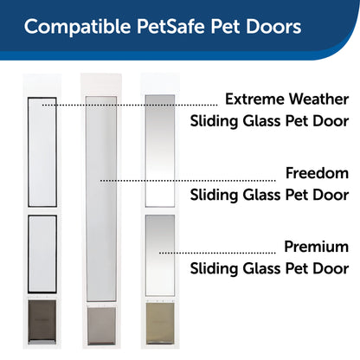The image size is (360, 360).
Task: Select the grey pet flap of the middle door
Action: coord(100,325)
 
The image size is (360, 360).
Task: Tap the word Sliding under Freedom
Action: coord(221,196)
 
